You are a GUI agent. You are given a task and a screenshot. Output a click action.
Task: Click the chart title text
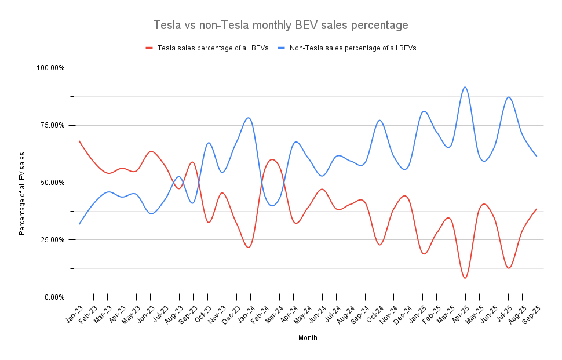280,26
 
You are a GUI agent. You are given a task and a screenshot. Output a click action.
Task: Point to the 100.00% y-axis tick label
51,68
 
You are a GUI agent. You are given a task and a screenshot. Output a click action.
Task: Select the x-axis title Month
308,337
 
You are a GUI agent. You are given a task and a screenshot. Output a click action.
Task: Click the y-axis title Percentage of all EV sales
23,193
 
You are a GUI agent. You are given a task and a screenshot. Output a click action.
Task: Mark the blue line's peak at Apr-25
465,87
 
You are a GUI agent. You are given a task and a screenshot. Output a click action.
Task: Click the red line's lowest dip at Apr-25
465,278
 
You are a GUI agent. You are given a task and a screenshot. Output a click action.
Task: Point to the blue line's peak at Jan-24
249,118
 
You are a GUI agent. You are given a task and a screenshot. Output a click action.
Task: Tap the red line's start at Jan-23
79,141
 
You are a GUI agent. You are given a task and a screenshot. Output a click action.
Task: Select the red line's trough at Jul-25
509,268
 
